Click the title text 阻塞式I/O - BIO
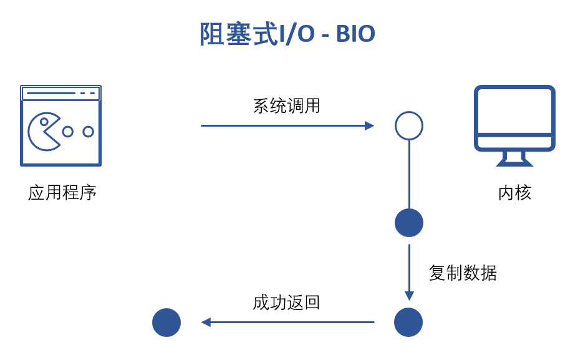(287, 34)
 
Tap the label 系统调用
(286, 105)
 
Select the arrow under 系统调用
(287, 125)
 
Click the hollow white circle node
(409, 125)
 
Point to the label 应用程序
(62, 192)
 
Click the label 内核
(514, 192)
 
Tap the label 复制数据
(463, 273)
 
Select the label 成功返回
(286, 303)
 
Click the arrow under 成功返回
(287, 323)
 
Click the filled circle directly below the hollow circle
(409, 223)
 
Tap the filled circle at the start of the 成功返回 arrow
(408, 323)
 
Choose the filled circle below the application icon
(166, 323)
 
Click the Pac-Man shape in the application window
(42, 132)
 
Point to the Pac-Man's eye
(44, 122)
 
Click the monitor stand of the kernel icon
(514, 158)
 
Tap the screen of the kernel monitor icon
(514, 111)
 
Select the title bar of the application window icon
(60, 94)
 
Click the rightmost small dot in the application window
(88, 132)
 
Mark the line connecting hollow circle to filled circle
(409, 175)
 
